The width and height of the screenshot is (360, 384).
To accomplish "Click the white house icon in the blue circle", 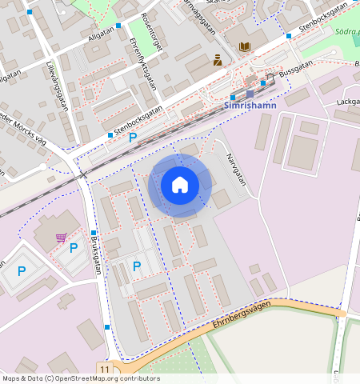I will (180, 185).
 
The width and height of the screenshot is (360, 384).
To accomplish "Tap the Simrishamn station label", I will (252, 106).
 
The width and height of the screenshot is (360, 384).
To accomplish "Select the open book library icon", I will (244, 47).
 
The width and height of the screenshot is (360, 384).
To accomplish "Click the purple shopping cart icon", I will (62, 238).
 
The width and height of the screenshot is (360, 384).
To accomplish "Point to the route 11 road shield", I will (105, 367).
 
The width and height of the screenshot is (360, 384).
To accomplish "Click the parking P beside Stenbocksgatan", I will (133, 138).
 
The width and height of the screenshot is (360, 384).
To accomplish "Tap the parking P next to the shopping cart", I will (74, 248).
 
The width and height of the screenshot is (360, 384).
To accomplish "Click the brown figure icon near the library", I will (217, 59).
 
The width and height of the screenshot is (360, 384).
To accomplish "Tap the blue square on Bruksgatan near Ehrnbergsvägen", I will (107, 326).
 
